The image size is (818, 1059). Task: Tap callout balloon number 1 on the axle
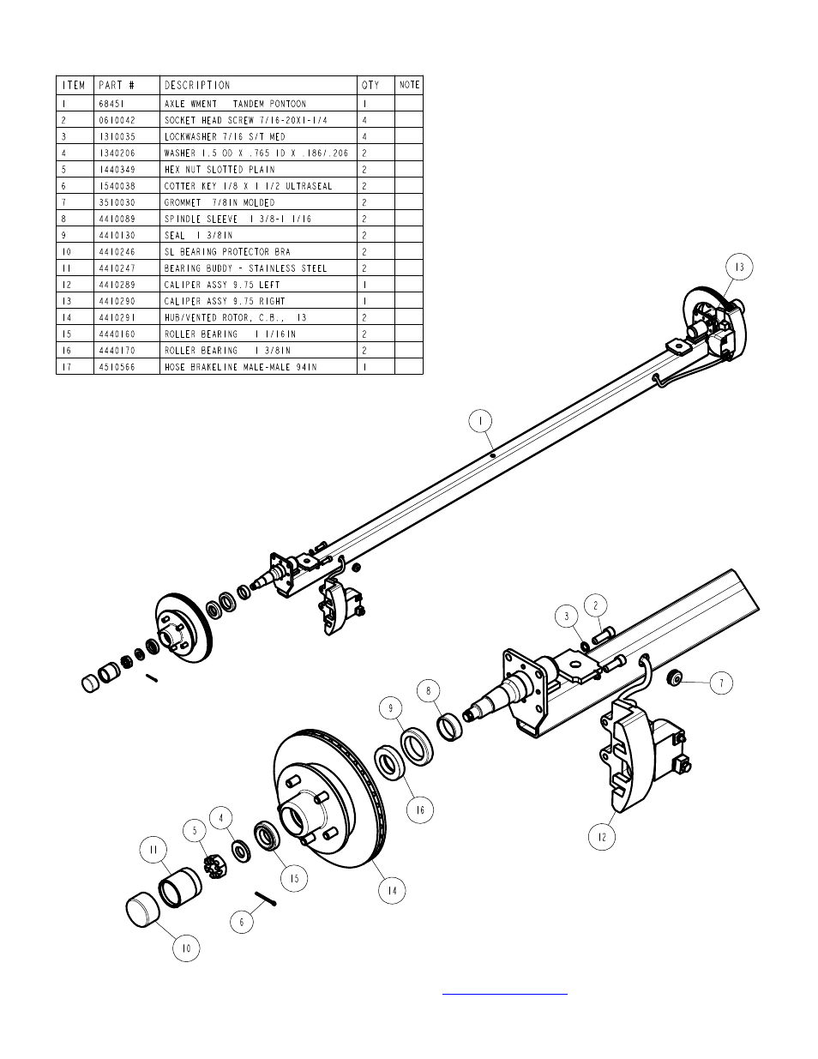tap(482, 421)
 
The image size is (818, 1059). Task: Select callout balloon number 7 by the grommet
tap(721, 683)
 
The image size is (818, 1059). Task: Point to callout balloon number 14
tap(392, 891)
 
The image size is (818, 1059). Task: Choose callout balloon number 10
tap(186, 948)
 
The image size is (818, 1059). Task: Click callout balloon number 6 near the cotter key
tap(242, 922)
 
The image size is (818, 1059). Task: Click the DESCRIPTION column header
tap(197, 85)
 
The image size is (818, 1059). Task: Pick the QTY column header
tap(370, 85)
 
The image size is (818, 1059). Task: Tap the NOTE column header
tap(410, 85)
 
